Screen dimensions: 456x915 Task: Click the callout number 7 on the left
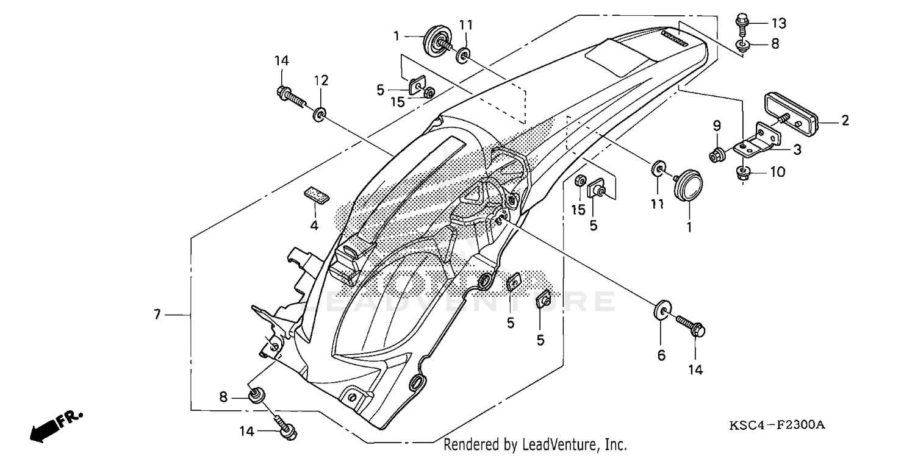(x=157, y=315)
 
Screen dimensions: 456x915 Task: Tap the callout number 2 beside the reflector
(x=845, y=121)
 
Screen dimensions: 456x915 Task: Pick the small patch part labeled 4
(x=315, y=193)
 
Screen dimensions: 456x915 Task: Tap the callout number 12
(x=321, y=80)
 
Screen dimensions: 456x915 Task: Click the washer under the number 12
(x=320, y=113)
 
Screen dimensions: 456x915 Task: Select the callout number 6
(x=661, y=355)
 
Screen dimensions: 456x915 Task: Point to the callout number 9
(x=717, y=126)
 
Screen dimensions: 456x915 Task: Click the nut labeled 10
(x=743, y=173)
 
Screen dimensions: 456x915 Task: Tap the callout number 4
(x=314, y=225)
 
